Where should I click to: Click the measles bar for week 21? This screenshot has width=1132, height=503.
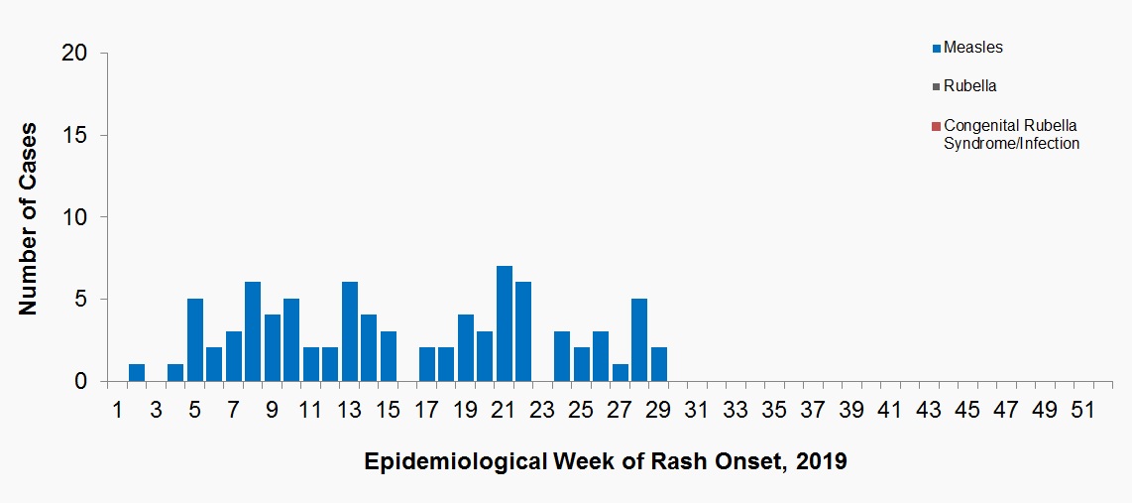point(505,324)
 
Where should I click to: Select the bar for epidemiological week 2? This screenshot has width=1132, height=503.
point(137,373)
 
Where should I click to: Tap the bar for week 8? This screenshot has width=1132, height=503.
point(253,332)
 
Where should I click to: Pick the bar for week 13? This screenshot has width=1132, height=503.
point(350,332)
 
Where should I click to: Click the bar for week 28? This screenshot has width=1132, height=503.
point(640,340)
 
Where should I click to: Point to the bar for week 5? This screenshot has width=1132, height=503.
point(195,340)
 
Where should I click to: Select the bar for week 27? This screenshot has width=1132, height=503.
point(621,373)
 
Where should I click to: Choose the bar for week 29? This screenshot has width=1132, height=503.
point(659,365)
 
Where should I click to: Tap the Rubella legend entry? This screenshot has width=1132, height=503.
point(969,86)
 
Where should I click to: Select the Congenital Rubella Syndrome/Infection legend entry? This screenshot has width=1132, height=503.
point(1010,134)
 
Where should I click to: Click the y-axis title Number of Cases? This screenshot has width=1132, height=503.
point(29,218)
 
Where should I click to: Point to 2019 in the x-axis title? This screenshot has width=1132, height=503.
point(822,462)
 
